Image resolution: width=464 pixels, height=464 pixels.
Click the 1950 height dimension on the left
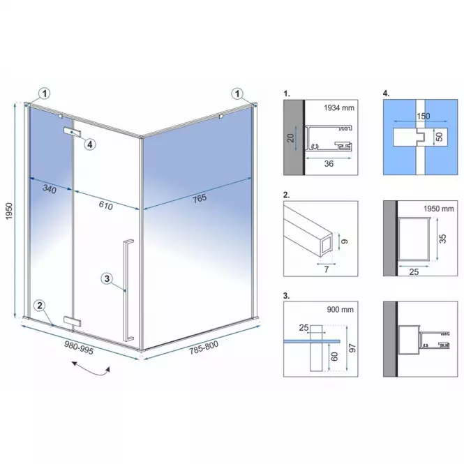point(10,211)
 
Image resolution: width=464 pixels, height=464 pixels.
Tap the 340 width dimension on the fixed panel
point(50,189)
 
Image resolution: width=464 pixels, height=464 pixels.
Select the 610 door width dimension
point(105,205)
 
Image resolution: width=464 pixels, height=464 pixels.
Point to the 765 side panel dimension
point(200,199)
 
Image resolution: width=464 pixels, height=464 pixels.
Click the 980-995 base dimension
point(79,347)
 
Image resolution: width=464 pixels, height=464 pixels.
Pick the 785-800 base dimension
point(204,347)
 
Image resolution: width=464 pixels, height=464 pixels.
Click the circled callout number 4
point(90,144)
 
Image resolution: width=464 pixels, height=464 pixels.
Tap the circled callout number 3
point(107,278)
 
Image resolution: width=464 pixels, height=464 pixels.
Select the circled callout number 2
point(40,306)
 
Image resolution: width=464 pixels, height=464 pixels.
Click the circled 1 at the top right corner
point(237,93)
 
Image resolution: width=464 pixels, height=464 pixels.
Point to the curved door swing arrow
point(91,370)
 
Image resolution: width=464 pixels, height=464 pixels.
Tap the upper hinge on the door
point(72,132)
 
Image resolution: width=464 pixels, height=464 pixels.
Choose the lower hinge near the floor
point(72,321)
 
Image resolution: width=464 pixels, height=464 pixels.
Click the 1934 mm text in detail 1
point(339,108)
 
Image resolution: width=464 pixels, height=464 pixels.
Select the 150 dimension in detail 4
point(423,116)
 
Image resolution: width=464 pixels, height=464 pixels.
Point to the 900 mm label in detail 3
point(340,310)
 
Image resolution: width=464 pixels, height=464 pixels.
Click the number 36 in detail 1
point(329,164)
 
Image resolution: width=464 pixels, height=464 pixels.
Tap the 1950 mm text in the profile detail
point(439,209)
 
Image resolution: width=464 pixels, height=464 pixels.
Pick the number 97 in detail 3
point(352,348)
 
